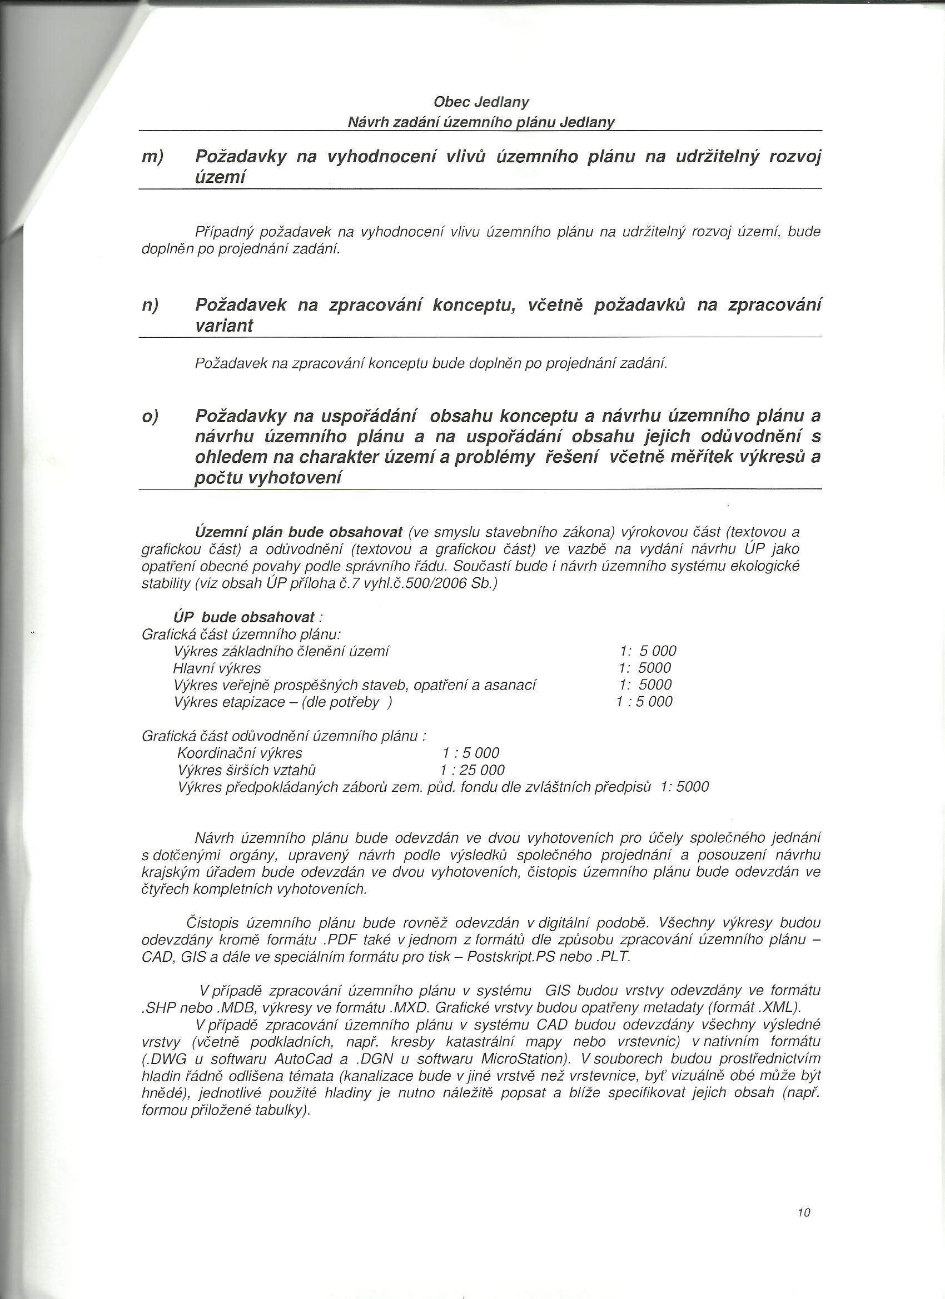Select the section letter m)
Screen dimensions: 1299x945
[x=152, y=157]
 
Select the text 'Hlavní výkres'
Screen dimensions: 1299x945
[x=217, y=668]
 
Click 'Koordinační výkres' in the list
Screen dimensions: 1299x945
[x=240, y=753]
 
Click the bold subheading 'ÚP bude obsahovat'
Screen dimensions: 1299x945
[x=244, y=617]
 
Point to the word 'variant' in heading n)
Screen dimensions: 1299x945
[x=223, y=326]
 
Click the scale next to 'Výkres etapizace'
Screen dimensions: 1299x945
[x=644, y=702]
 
